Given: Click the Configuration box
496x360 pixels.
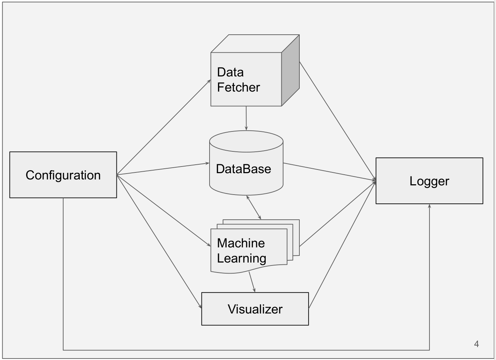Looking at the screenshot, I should (63, 175).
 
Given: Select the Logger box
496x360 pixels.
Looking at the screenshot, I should (429, 181).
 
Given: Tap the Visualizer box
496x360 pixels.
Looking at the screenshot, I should (255, 309).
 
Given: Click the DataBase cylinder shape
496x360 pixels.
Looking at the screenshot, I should (246, 174).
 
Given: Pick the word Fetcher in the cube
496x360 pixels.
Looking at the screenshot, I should (238, 87).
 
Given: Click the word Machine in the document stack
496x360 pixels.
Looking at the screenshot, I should (241, 243).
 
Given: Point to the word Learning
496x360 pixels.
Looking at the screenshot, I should (241, 258).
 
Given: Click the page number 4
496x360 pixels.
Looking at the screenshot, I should (476, 344).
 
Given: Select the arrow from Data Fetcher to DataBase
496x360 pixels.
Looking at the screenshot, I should (246, 118).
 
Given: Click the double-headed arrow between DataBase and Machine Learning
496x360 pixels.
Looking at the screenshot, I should (254, 208).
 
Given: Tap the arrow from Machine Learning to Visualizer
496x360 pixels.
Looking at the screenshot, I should (252, 282).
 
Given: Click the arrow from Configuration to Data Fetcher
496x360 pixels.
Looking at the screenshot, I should (164, 127).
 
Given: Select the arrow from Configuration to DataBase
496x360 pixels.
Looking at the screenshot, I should (163, 169).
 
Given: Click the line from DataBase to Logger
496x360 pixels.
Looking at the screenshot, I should (329, 172).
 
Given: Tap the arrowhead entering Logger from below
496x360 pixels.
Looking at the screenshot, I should (429, 207).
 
